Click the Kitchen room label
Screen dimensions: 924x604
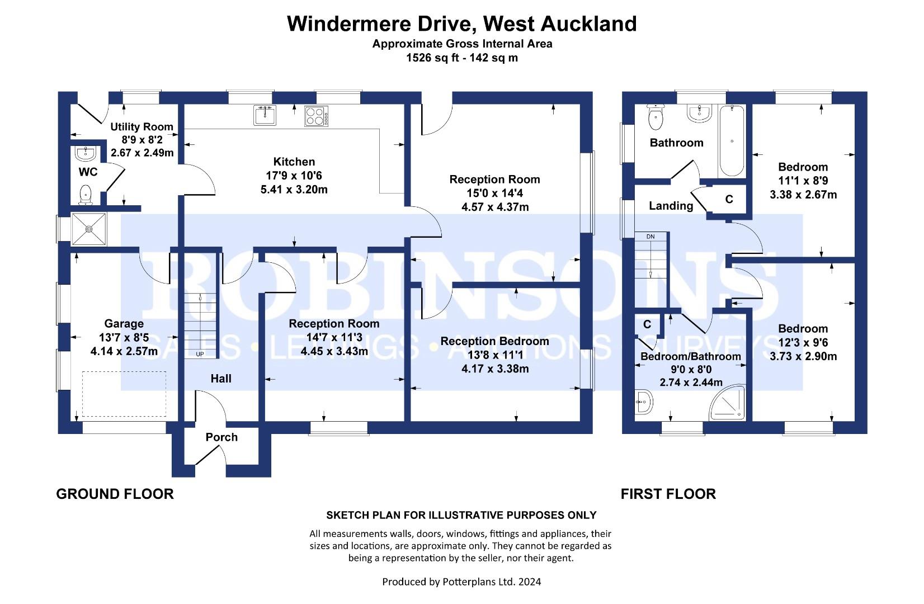click(x=294, y=162)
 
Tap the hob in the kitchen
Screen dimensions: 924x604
click(x=317, y=116)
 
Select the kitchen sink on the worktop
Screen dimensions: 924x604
click(x=265, y=115)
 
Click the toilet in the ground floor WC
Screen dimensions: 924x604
click(x=86, y=195)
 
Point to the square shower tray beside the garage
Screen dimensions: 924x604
click(x=89, y=229)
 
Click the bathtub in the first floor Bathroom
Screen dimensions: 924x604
click(x=732, y=141)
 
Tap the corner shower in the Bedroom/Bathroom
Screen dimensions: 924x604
click(x=728, y=403)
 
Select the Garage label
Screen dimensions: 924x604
click(x=124, y=323)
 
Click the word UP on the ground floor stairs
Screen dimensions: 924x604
click(x=200, y=354)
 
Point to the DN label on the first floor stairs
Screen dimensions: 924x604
click(x=650, y=237)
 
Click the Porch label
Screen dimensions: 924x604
click(x=221, y=437)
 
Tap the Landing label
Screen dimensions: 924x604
click(x=671, y=206)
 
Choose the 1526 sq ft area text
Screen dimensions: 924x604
click(x=432, y=58)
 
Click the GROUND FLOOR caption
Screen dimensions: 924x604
click(x=115, y=494)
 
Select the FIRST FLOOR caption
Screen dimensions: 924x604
click(x=668, y=494)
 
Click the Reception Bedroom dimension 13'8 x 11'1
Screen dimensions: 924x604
click(x=495, y=355)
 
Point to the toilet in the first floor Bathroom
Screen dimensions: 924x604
click(x=656, y=117)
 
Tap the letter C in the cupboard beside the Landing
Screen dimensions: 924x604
click(x=729, y=199)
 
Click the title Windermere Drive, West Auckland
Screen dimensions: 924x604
click(x=461, y=23)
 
